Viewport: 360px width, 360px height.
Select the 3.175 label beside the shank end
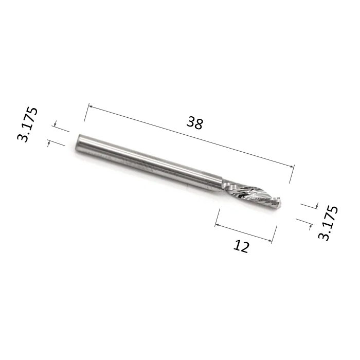pyautogui.click(x=28, y=124)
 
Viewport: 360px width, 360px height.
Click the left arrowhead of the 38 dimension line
pyautogui.click(x=91, y=107)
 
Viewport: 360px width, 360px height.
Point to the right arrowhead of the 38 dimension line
pyautogui.click(x=293, y=166)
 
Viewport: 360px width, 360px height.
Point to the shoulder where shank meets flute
pyautogui.click(x=223, y=182)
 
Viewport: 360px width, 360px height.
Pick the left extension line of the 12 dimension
pyautogui.click(x=218, y=217)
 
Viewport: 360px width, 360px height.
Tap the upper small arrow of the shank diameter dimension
pyautogui.click(x=55, y=124)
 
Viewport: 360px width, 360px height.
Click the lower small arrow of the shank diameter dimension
pyautogui.click(x=49, y=143)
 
